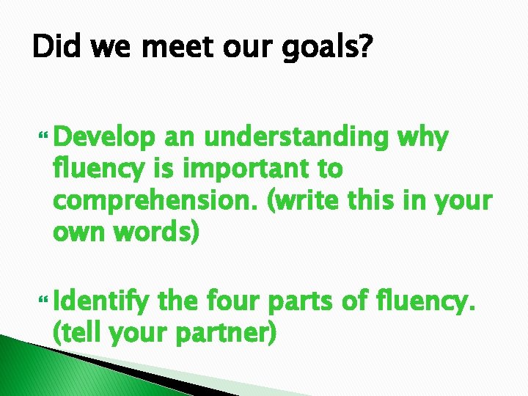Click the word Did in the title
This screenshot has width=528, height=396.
[x=54, y=51]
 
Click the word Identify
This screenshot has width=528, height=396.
[x=103, y=301]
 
